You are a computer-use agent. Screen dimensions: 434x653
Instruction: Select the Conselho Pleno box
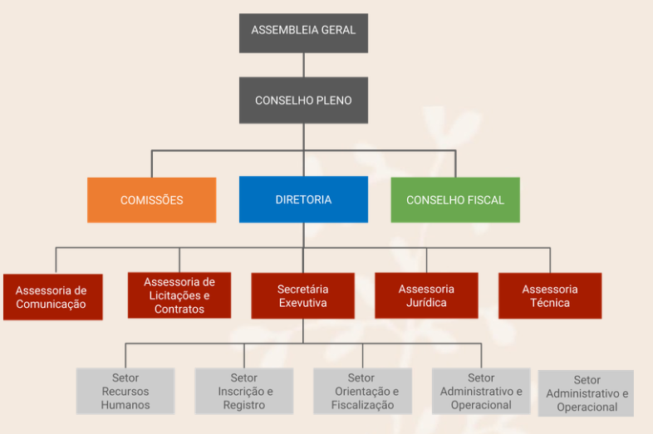coord(303,100)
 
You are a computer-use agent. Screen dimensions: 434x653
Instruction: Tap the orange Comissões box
coord(151,200)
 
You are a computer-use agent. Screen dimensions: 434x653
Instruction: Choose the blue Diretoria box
coord(303,200)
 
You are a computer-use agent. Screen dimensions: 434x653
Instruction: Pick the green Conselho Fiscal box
coord(455,200)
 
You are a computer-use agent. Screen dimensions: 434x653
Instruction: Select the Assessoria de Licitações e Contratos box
coord(179,295)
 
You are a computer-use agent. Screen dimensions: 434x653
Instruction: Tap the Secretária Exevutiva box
coord(302,295)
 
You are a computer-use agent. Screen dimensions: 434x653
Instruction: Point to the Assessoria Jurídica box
coord(426,295)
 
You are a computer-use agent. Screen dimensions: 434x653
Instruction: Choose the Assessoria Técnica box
coord(550,295)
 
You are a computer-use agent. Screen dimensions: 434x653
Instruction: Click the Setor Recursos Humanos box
coord(125,391)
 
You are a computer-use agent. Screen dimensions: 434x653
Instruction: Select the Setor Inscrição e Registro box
coord(244,391)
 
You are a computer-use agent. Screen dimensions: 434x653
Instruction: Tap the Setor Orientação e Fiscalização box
coord(362,391)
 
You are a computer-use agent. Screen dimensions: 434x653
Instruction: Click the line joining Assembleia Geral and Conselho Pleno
coord(303,65)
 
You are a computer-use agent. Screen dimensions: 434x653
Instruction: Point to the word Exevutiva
coord(302,303)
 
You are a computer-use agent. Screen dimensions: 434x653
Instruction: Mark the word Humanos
coord(125,405)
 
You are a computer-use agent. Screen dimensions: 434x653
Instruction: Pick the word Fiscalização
coord(362,406)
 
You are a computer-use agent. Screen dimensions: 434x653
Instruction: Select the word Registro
coord(244,405)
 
